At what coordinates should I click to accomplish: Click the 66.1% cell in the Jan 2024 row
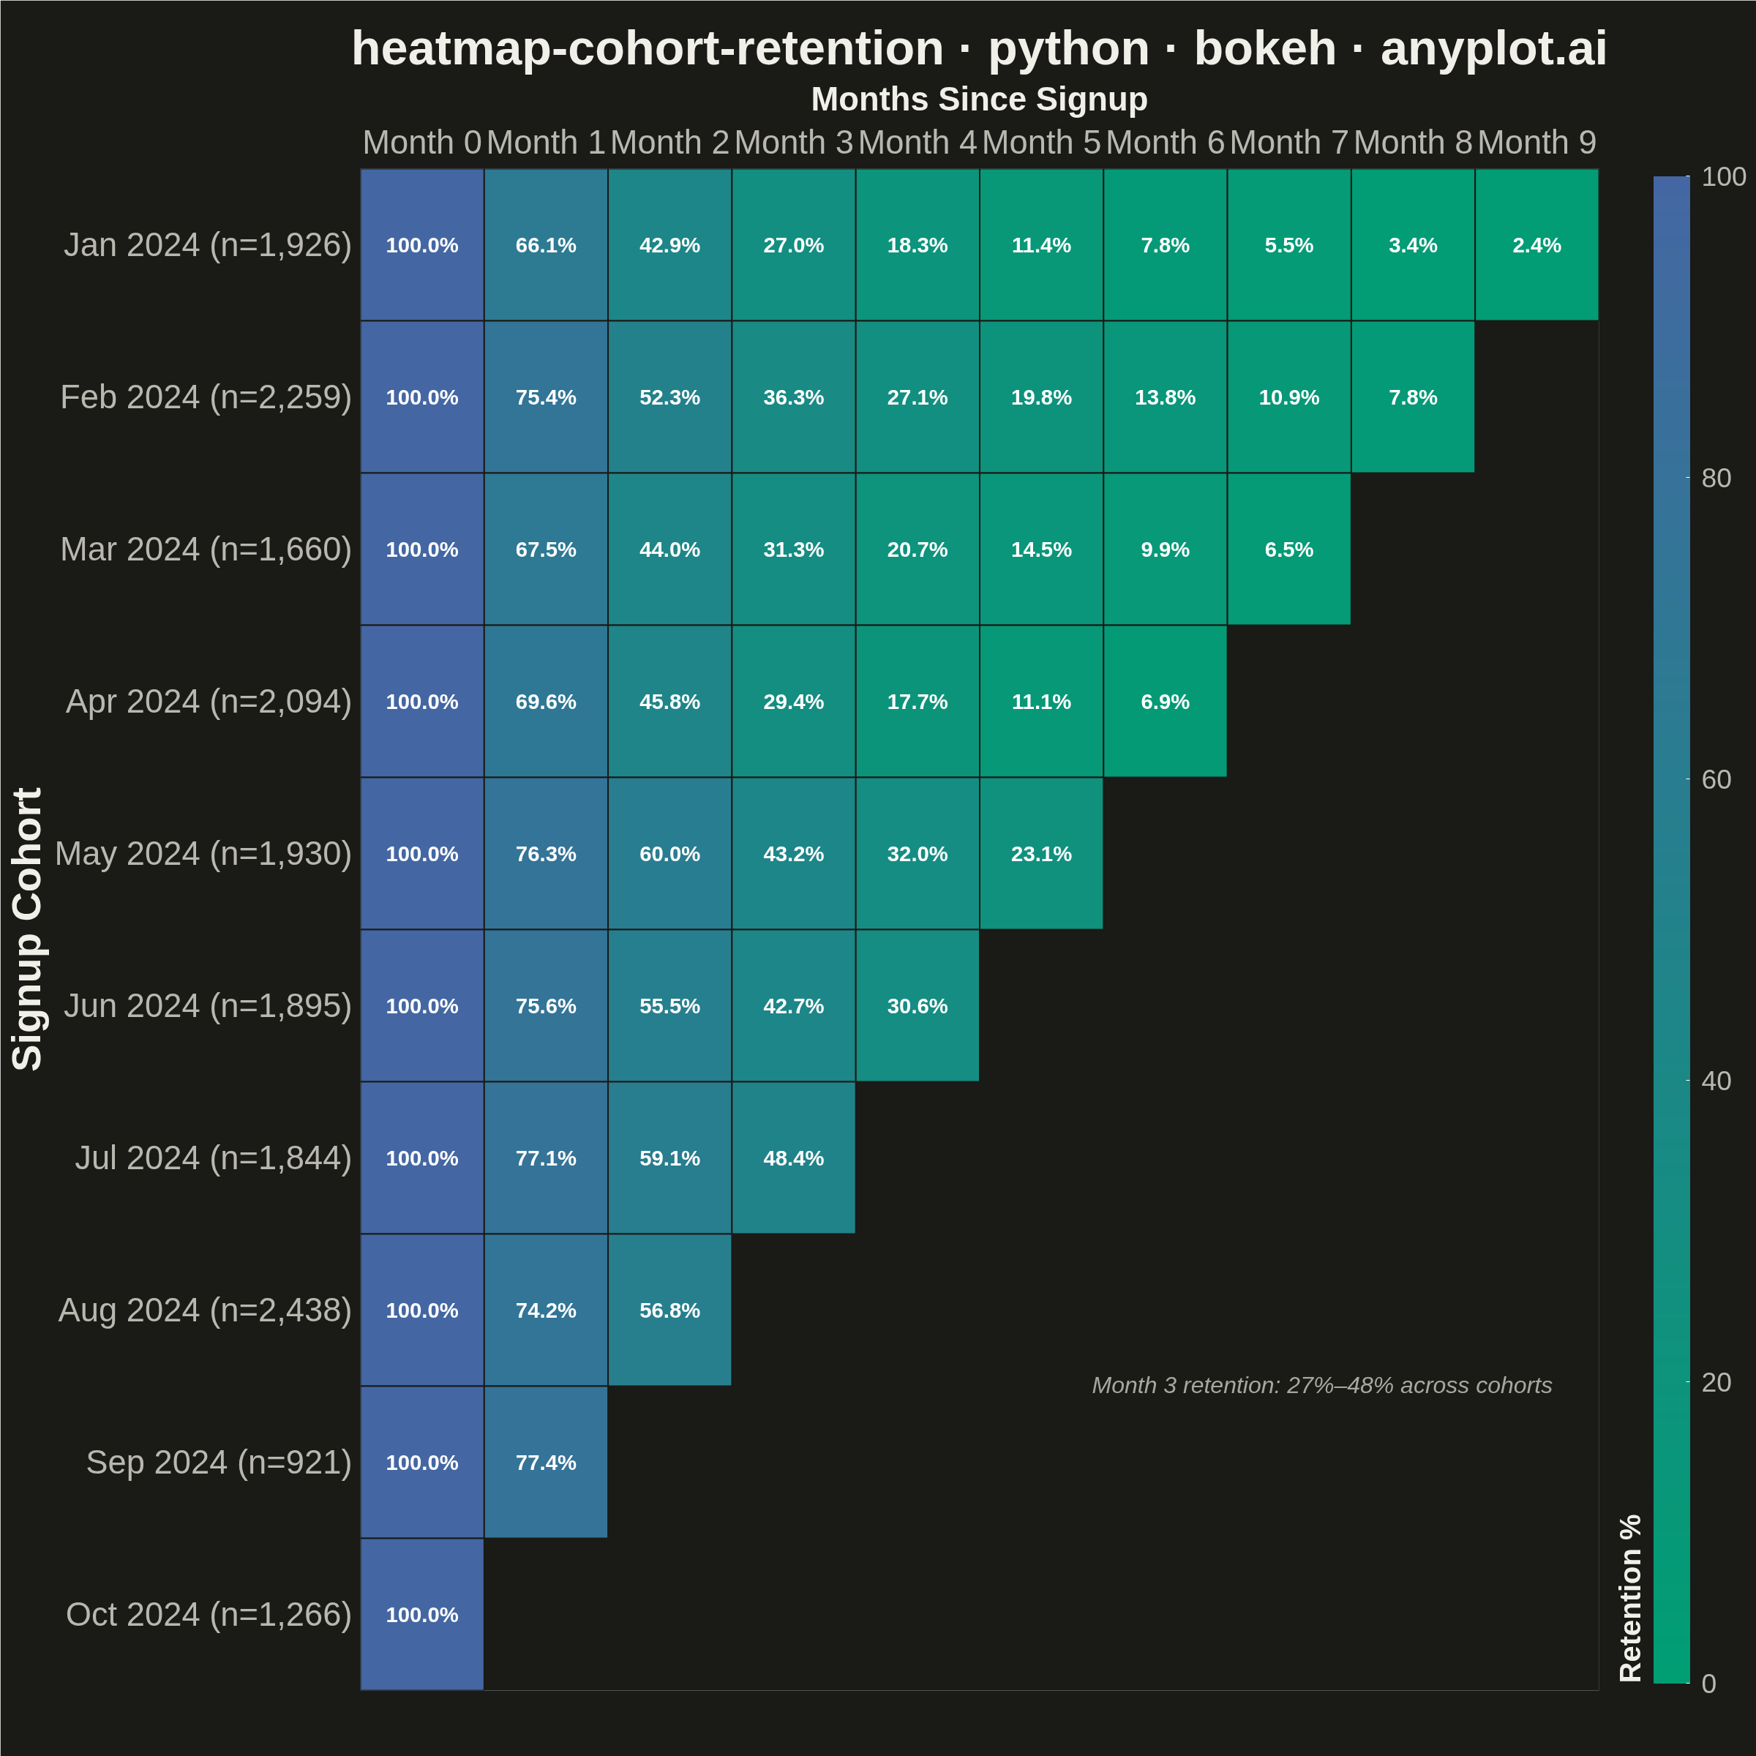coord(545,244)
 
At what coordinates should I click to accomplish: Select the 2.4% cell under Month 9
coord(1536,244)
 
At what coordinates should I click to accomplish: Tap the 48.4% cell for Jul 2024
coord(793,1158)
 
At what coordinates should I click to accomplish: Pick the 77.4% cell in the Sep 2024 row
coord(545,1463)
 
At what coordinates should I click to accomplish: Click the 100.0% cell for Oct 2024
coord(421,1614)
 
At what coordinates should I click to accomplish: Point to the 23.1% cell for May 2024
coord(1042,853)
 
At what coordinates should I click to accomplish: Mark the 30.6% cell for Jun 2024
coord(917,1006)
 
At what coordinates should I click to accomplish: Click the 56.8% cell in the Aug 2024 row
coord(670,1310)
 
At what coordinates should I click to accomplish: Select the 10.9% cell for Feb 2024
coord(1288,397)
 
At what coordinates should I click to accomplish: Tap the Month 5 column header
coord(1042,143)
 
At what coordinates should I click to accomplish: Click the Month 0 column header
coord(421,143)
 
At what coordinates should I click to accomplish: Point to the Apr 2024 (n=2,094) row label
coord(208,702)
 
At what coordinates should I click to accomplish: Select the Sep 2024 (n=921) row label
coord(218,1463)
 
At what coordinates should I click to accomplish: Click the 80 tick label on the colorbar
coord(1716,478)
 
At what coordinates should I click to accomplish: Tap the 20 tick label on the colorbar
coord(1716,1382)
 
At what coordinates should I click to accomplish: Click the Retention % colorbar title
coord(1632,1598)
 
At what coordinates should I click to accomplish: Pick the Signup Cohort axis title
coord(29,929)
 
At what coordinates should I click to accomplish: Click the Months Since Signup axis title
coord(979,99)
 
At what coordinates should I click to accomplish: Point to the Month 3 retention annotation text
coord(1321,1385)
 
